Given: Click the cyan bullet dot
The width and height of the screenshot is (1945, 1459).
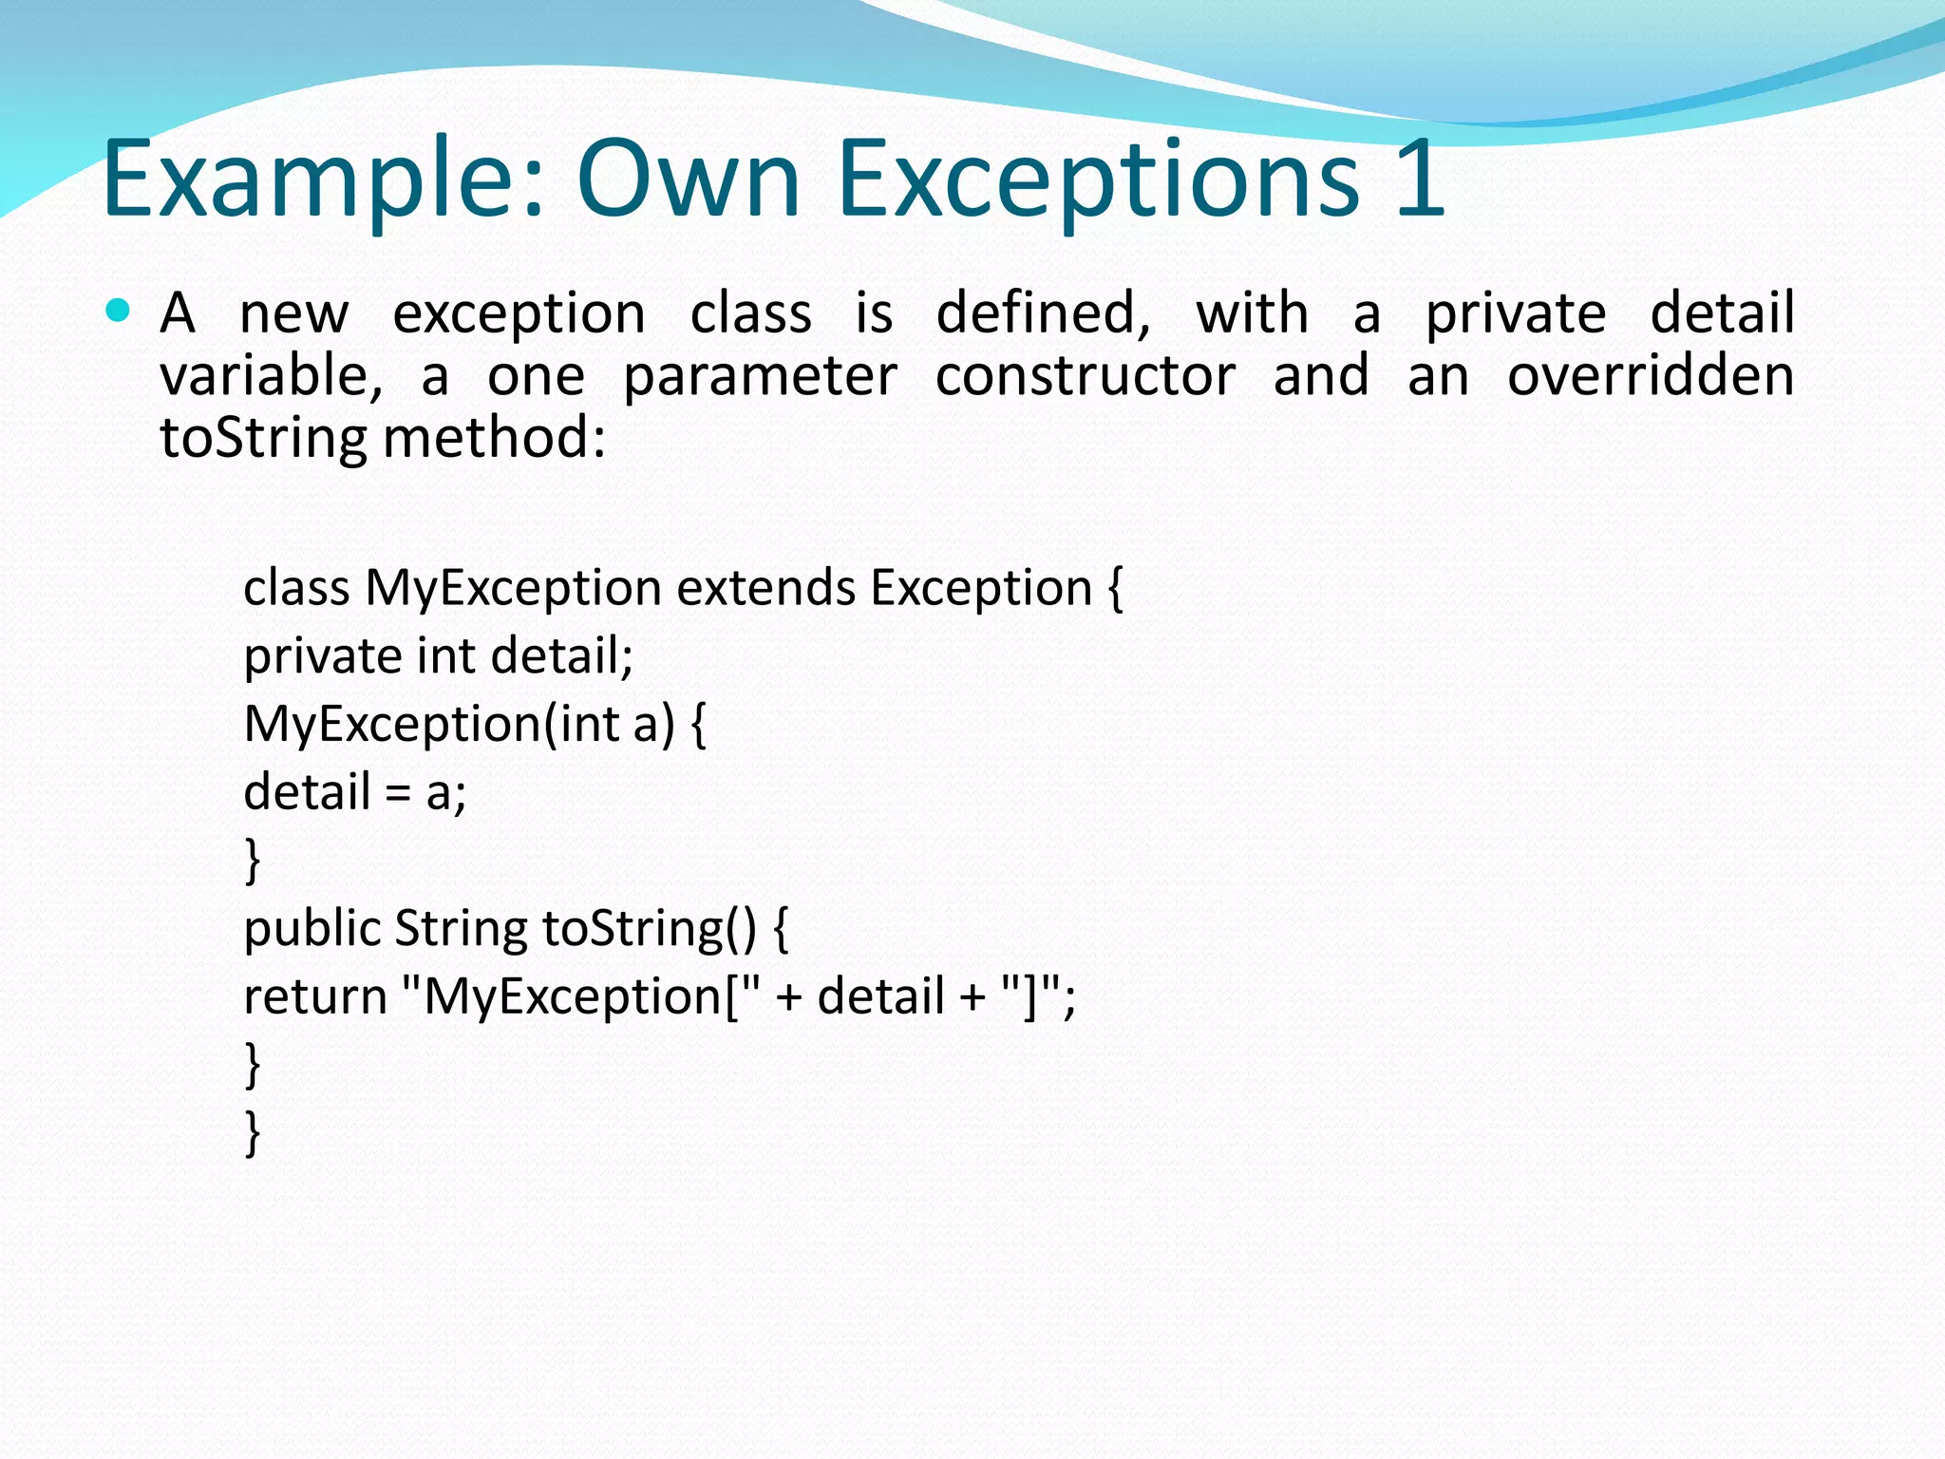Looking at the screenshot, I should tap(118, 311).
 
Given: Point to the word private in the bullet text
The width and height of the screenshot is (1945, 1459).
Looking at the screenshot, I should tap(1516, 313).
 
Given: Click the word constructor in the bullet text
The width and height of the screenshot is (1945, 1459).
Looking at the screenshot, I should tap(1086, 375).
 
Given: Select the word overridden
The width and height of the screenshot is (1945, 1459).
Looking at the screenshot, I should tap(1651, 375).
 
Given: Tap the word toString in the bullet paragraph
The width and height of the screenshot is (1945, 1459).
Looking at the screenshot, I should tap(263, 438).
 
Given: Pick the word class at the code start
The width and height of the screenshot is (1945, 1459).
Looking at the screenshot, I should tap(296, 587).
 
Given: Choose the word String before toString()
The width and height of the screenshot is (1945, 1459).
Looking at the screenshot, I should tap(461, 928).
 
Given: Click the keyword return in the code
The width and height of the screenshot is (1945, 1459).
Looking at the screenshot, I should tap(314, 996).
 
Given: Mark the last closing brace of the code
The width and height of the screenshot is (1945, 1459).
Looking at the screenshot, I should tap(253, 1133).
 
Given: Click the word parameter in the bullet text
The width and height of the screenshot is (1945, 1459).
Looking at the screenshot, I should tap(760, 375).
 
